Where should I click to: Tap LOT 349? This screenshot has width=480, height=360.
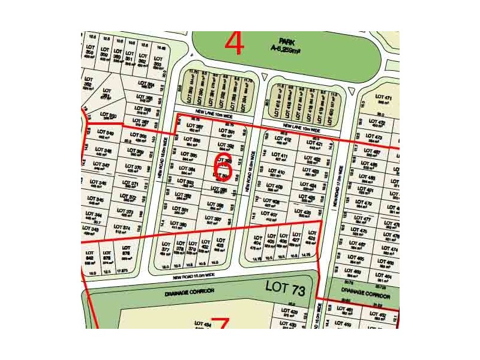point(105,134)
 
